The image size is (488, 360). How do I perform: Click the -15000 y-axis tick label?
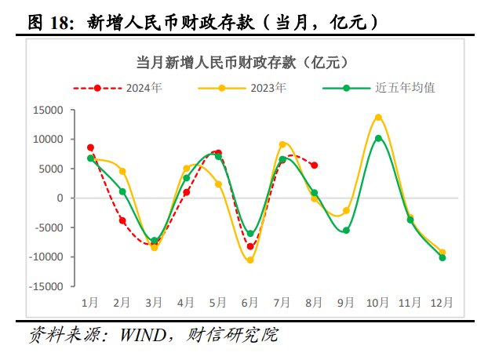coord(46,286)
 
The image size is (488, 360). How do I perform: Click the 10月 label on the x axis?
coord(378,301)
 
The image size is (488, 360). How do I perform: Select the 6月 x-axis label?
coord(250,301)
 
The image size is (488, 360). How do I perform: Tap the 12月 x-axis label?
coord(442,301)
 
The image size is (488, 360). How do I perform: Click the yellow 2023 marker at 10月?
coord(378,118)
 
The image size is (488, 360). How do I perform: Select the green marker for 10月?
coord(378,138)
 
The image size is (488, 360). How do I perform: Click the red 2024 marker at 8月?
coord(314,165)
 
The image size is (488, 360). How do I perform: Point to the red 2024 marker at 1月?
coord(90,147)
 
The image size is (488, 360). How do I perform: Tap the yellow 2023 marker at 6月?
coord(250,260)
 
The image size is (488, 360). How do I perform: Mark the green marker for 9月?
coord(346,231)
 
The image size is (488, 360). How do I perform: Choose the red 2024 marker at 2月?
coord(122,220)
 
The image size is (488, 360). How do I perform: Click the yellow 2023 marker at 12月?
coord(442,253)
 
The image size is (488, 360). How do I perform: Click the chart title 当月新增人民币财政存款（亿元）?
coord(243,61)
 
